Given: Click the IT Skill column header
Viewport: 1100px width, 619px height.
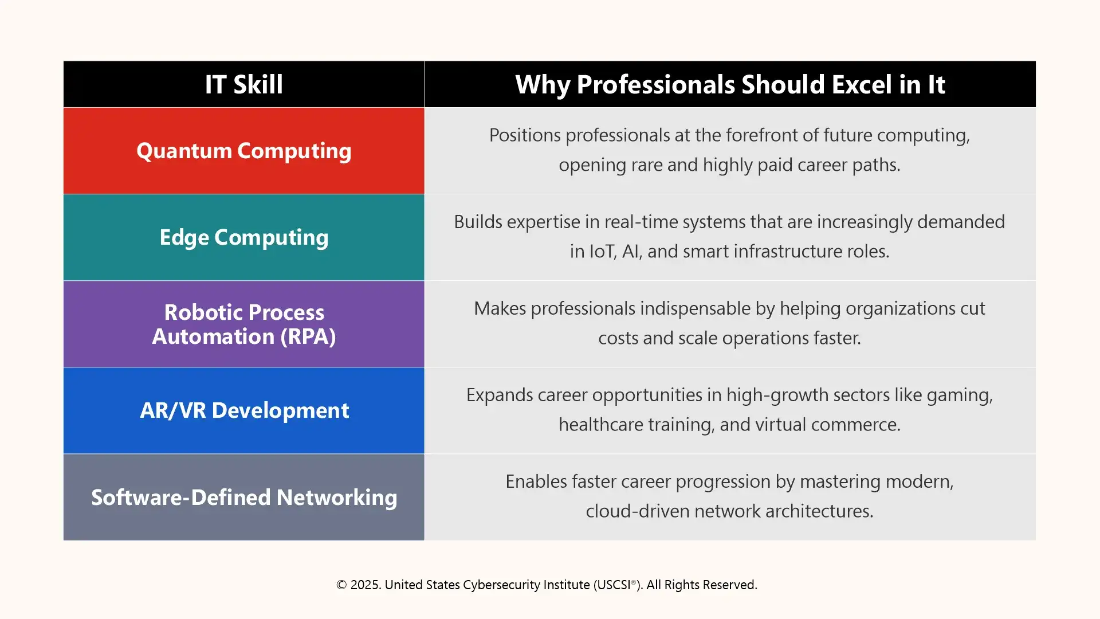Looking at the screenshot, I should [243, 84].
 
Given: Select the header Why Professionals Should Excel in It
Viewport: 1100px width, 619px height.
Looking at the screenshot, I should [729, 84].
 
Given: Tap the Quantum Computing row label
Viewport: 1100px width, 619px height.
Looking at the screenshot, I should [243, 151].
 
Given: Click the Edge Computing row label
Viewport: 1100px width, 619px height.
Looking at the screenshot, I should [243, 237].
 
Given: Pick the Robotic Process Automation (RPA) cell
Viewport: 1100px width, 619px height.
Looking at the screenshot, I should [243, 324].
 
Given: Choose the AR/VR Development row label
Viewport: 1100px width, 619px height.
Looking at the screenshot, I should [243, 410].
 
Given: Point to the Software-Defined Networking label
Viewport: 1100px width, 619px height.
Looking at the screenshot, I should [243, 497].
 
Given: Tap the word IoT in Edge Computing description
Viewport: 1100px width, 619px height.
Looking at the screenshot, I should [602, 252].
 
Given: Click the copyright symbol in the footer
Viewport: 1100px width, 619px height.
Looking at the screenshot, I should [341, 585].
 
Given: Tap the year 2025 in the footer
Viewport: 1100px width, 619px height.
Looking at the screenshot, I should [365, 585].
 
